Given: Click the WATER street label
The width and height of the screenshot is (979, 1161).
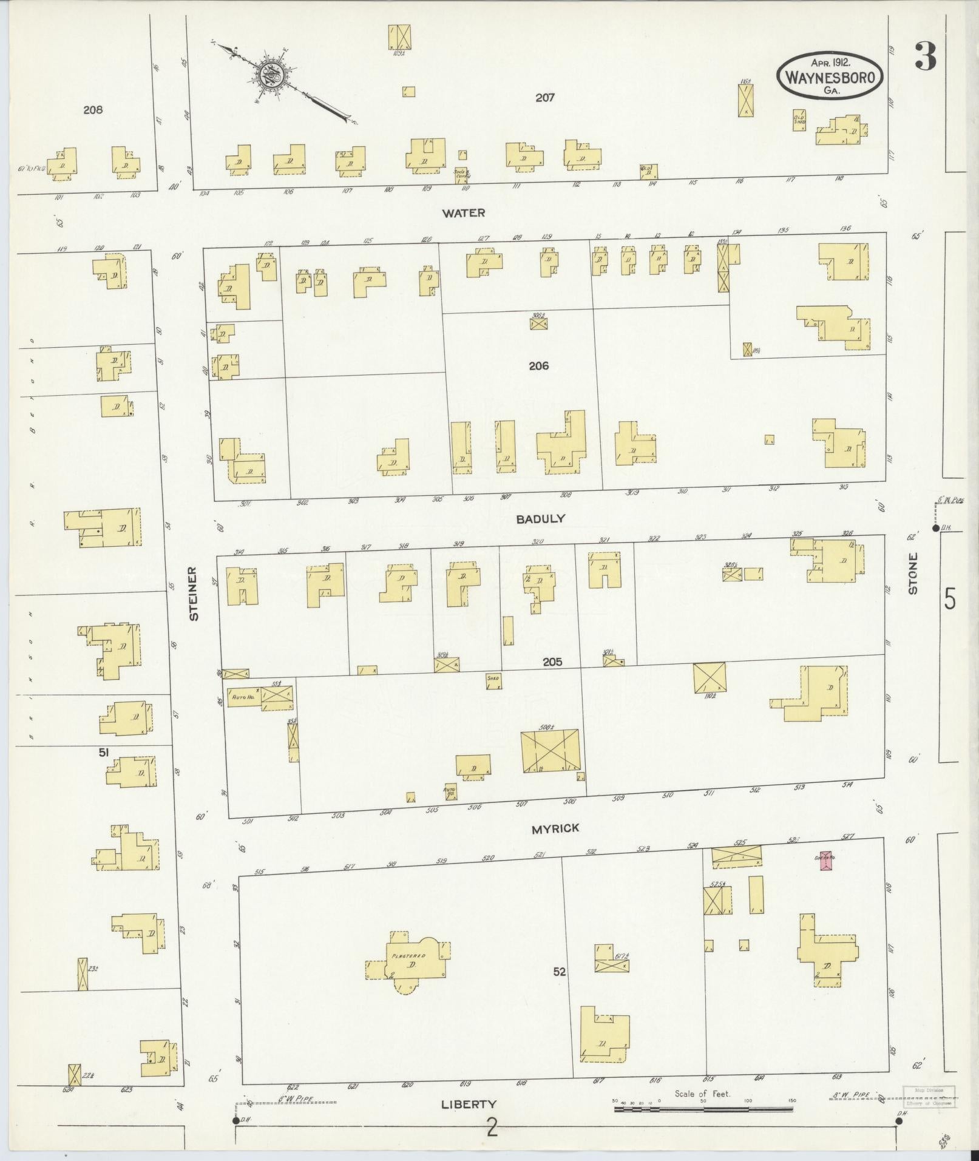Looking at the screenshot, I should pyautogui.click(x=464, y=213).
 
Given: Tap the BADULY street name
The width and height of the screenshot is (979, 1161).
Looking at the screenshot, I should pyautogui.click(x=541, y=519).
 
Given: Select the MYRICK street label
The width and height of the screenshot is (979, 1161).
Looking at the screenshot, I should pyautogui.click(x=556, y=828).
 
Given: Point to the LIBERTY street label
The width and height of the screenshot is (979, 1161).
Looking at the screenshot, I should pyautogui.click(x=469, y=1105).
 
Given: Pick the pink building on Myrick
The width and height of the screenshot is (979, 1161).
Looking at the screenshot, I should pyautogui.click(x=826, y=861).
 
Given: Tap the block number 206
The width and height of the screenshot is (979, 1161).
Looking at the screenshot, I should pyautogui.click(x=538, y=366).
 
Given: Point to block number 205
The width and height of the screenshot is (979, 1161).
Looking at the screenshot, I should pyautogui.click(x=552, y=662).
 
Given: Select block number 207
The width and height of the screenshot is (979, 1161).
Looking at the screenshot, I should pyautogui.click(x=545, y=97).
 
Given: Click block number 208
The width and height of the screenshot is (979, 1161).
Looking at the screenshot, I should pyautogui.click(x=93, y=110).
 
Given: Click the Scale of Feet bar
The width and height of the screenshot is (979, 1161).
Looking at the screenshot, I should pyautogui.click(x=703, y=1109).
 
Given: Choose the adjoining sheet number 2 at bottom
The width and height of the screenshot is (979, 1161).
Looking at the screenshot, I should pyautogui.click(x=492, y=1128).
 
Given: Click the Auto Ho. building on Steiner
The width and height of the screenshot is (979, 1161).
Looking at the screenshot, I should pyautogui.click(x=243, y=698).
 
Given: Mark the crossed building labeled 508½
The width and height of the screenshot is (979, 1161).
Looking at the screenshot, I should pyautogui.click(x=550, y=751).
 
